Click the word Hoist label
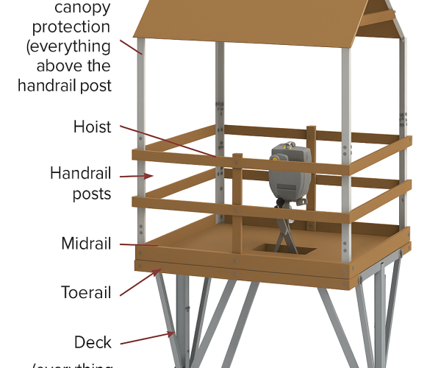point(92,127)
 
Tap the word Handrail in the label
point(81,174)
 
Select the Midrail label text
point(87,244)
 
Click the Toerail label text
point(85,292)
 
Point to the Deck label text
point(93,342)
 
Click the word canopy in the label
point(82,9)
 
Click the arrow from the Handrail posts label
point(136,176)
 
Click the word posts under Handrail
point(91,194)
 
